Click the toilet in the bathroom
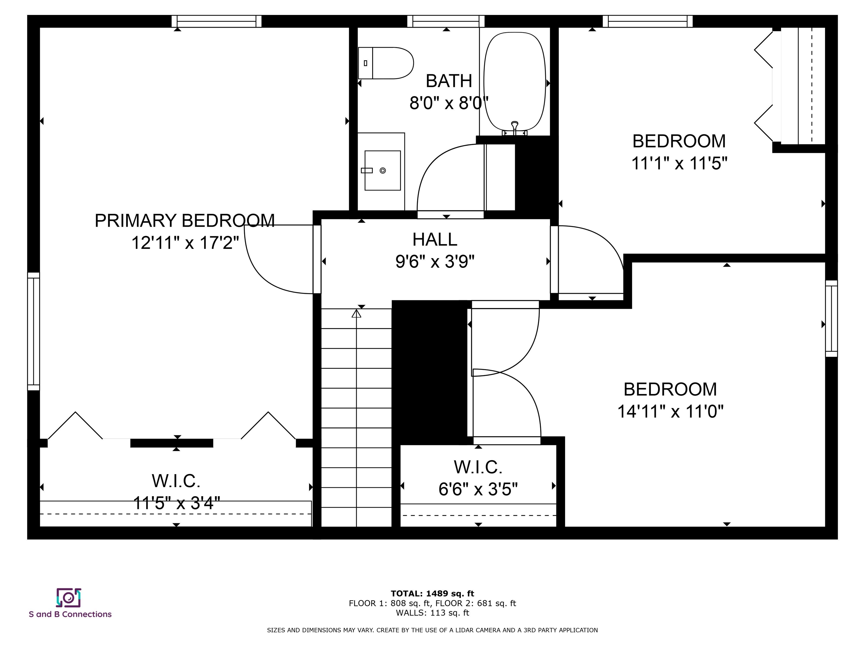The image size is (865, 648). point(386,63)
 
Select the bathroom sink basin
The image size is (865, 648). point(382,170)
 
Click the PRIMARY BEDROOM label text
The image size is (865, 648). point(185,221)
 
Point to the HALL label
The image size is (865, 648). point(435,239)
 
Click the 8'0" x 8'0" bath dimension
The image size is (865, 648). point(449,103)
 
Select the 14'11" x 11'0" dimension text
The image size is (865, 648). point(670,411)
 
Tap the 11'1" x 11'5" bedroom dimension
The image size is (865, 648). point(679,163)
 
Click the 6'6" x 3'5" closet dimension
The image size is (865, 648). point(478,489)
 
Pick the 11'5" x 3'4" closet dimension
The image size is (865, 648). point(176,503)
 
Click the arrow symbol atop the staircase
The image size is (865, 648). point(356,313)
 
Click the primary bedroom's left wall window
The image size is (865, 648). point(34,331)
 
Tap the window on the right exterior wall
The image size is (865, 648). point(831,318)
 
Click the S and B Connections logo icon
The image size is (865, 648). point(68,598)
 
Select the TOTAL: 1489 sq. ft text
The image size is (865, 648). point(432,594)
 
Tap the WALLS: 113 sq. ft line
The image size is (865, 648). point(432,613)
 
